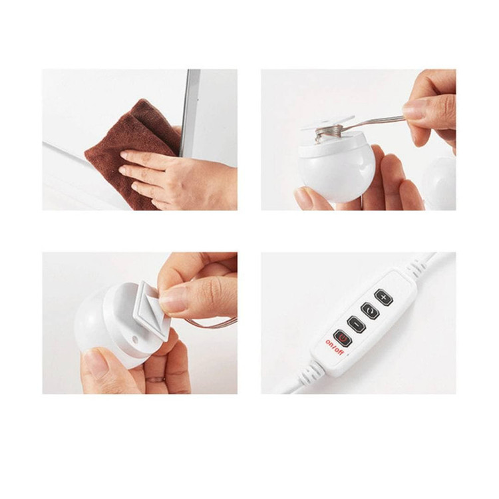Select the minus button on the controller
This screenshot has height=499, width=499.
[x=356, y=324]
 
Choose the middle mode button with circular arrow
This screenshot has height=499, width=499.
[x=370, y=311]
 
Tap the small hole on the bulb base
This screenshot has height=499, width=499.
[x=135, y=339]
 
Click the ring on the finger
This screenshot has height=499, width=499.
[x=156, y=379]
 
